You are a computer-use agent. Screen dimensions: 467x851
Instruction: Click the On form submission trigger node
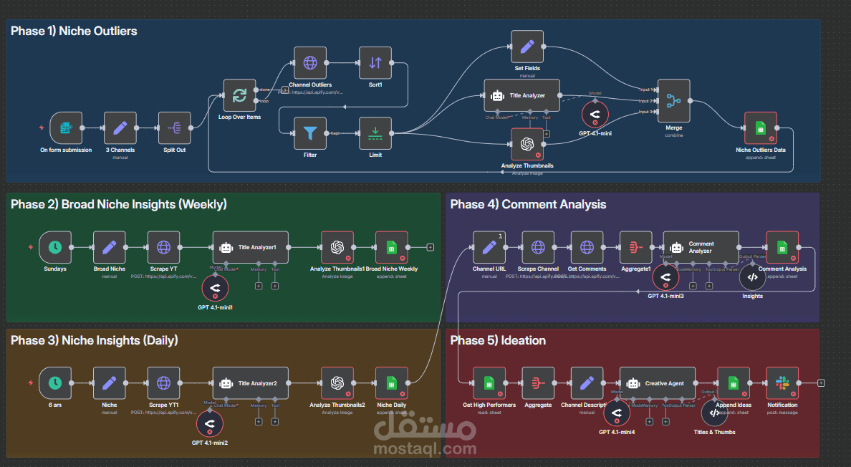pyautogui.click(x=66, y=128)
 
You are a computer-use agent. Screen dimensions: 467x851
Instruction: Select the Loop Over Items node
pyautogui.click(x=239, y=95)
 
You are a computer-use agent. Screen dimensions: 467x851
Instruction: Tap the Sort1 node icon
pyautogui.click(x=375, y=63)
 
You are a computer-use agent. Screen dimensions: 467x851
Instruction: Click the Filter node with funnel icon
pyautogui.click(x=310, y=133)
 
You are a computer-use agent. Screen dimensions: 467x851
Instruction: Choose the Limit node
pyautogui.click(x=375, y=133)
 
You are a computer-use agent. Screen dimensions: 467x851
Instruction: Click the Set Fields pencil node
pyautogui.click(x=527, y=47)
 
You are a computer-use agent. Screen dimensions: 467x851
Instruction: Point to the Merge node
pyautogui.click(x=673, y=101)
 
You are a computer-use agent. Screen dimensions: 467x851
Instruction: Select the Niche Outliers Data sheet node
pyautogui.click(x=760, y=128)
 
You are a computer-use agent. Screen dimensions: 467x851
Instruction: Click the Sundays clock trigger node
pyautogui.click(x=55, y=247)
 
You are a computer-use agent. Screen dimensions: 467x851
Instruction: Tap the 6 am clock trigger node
pyautogui.click(x=55, y=383)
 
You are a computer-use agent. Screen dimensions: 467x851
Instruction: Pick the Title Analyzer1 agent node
pyautogui.click(x=251, y=247)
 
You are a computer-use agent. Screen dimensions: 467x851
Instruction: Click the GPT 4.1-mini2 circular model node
pyautogui.click(x=209, y=425)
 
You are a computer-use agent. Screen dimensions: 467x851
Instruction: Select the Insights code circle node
pyautogui.click(x=752, y=276)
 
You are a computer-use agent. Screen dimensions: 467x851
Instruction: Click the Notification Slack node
pyautogui.click(x=782, y=383)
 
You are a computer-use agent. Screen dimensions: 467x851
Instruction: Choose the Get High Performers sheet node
pyautogui.click(x=489, y=383)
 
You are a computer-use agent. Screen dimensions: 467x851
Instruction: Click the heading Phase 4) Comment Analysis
pyautogui.click(x=528, y=205)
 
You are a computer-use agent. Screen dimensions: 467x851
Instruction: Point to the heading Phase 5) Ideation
pyautogui.click(x=498, y=341)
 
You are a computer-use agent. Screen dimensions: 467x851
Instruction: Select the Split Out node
pyautogui.click(x=174, y=128)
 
